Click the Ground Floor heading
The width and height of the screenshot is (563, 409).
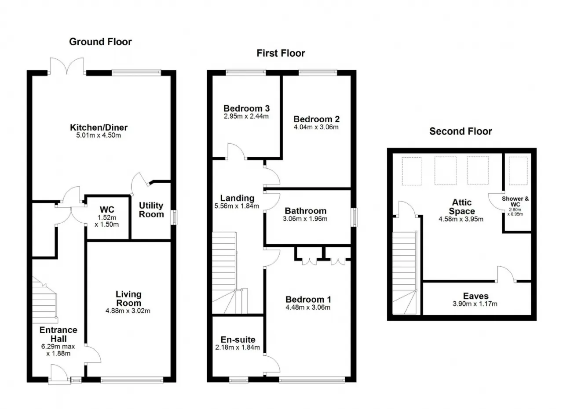point(100,42)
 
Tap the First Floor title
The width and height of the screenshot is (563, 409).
point(281,53)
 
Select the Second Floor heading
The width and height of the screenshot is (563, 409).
point(461,131)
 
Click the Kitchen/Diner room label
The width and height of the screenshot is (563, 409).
point(99,127)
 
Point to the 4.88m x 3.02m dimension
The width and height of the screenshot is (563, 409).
point(128,311)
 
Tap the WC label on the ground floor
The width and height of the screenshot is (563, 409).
point(107,210)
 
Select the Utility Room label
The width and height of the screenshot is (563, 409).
point(151,210)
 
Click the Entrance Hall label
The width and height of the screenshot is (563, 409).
point(58,334)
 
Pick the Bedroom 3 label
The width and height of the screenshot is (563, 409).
point(247,108)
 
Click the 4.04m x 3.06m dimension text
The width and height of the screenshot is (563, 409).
point(316,127)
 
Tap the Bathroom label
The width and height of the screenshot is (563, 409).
point(306,211)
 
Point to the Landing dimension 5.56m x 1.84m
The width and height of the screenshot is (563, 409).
point(237,206)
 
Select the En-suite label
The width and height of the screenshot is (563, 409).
point(238,340)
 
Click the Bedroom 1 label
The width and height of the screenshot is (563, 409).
point(308,299)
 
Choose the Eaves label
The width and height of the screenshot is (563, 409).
point(476,296)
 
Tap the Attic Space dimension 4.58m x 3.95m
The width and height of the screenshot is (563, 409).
point(461,219)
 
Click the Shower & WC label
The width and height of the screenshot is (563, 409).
point(515,201)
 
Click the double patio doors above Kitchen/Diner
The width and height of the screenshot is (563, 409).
point(67,66)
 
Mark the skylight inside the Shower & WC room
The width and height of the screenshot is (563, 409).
point(518,171)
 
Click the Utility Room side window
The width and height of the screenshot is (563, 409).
point(174,217)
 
